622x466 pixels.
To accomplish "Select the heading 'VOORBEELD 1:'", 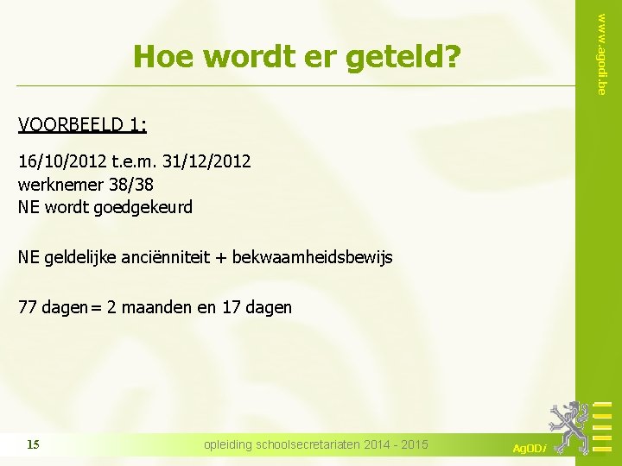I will click(82, 126).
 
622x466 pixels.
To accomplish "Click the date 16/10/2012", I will click(56, 161).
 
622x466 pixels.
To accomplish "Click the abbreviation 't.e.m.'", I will click(126, 161).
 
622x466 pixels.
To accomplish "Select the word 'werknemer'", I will click(59, 184).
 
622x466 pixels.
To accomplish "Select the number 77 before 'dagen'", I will click(27, 307).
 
